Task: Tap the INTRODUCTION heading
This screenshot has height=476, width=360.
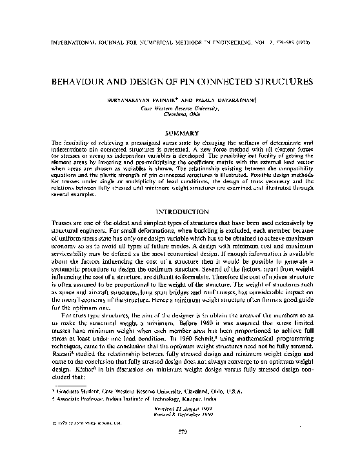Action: pos(180,211)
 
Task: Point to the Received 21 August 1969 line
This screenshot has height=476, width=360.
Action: pos(180,428)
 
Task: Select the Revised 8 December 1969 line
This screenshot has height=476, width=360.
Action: pos(180,433)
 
